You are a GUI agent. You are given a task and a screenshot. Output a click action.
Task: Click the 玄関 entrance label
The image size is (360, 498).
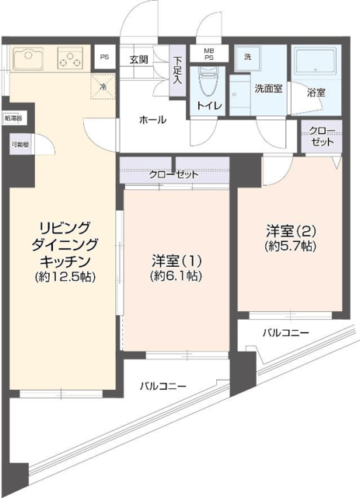[x=138, y=60]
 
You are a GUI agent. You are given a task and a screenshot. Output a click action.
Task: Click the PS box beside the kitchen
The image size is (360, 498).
[x=103, y=58]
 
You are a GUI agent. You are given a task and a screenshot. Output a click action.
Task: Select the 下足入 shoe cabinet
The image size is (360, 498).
[x=178, y=70]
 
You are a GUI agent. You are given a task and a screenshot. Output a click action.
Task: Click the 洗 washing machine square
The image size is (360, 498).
[x=248, y=58]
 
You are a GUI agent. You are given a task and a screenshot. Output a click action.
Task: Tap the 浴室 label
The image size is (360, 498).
[x=316, y=92]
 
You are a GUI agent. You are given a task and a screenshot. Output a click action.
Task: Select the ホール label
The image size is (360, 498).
[x=151, y=120]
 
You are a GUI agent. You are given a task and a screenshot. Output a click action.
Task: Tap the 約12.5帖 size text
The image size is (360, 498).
[x=65, y=277]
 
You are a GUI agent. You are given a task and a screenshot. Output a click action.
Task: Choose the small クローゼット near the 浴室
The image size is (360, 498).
[x=321, y=137]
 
